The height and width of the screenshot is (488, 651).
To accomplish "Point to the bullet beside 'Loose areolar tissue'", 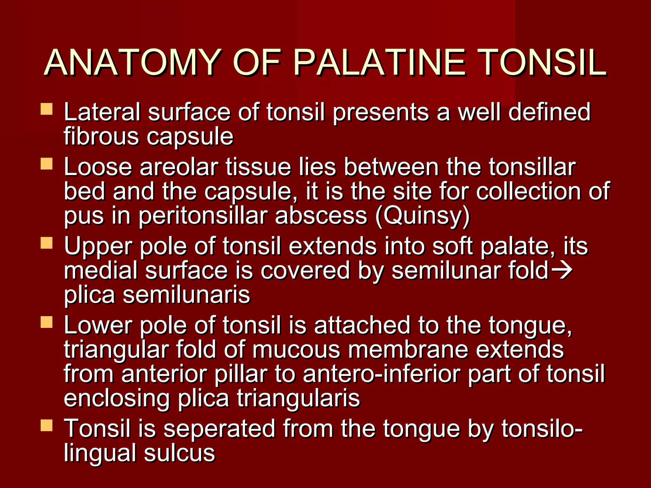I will [46, 164].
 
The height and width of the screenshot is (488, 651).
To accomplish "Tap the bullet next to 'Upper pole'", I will [46, 243].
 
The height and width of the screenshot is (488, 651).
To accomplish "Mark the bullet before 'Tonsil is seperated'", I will [46, 425].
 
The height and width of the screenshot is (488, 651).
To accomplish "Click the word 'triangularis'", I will [298, 398].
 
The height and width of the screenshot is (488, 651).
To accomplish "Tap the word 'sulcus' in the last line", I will [179, 453].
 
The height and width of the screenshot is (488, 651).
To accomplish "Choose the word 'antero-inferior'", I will [382, 374].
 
